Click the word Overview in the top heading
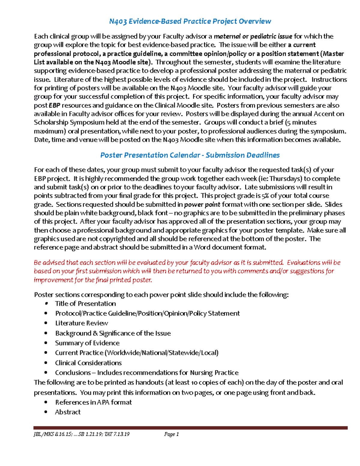[x=255, y=21]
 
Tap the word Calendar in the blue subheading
[x=184, y=155]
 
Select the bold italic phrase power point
[x=202, y=205]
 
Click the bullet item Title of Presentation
[x=85, y=304]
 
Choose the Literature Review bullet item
[x=82, y=323]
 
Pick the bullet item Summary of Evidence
[x=87, y=343]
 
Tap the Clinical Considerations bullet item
[x=88, y=363]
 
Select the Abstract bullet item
[x=68, y=412]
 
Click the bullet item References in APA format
[x=93, y=402]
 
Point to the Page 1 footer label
[x=172, y=434]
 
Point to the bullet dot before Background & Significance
[x=46, y=333]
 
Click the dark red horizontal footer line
[x=190, y=428]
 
